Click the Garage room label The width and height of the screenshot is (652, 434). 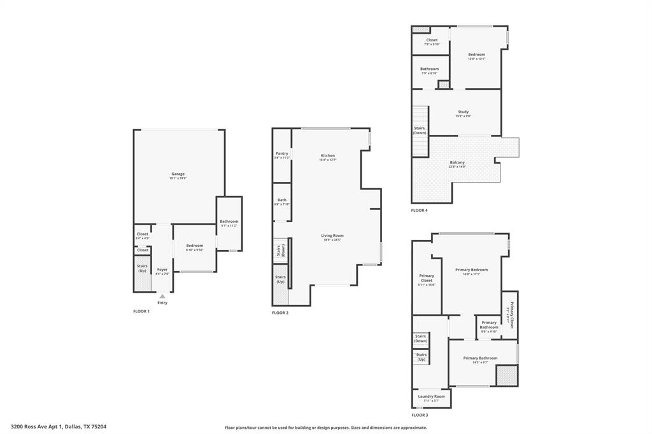178,174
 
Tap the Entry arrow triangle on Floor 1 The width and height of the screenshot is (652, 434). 162,296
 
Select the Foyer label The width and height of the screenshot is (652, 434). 162,270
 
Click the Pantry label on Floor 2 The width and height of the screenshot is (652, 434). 281,153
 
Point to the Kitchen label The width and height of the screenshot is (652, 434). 327,156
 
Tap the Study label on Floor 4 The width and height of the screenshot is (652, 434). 463,112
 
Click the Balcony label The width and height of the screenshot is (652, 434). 457,162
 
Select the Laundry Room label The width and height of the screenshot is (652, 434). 431,396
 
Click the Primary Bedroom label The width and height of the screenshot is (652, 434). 471,270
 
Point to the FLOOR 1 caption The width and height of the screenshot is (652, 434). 141,311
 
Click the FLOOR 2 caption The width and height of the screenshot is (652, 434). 280,313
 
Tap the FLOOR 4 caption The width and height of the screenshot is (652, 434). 419,210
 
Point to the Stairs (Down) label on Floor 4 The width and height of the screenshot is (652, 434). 420,130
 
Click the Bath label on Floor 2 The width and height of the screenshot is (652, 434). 281,200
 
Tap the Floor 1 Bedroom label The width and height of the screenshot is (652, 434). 194,246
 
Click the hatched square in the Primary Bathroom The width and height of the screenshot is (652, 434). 506,375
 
